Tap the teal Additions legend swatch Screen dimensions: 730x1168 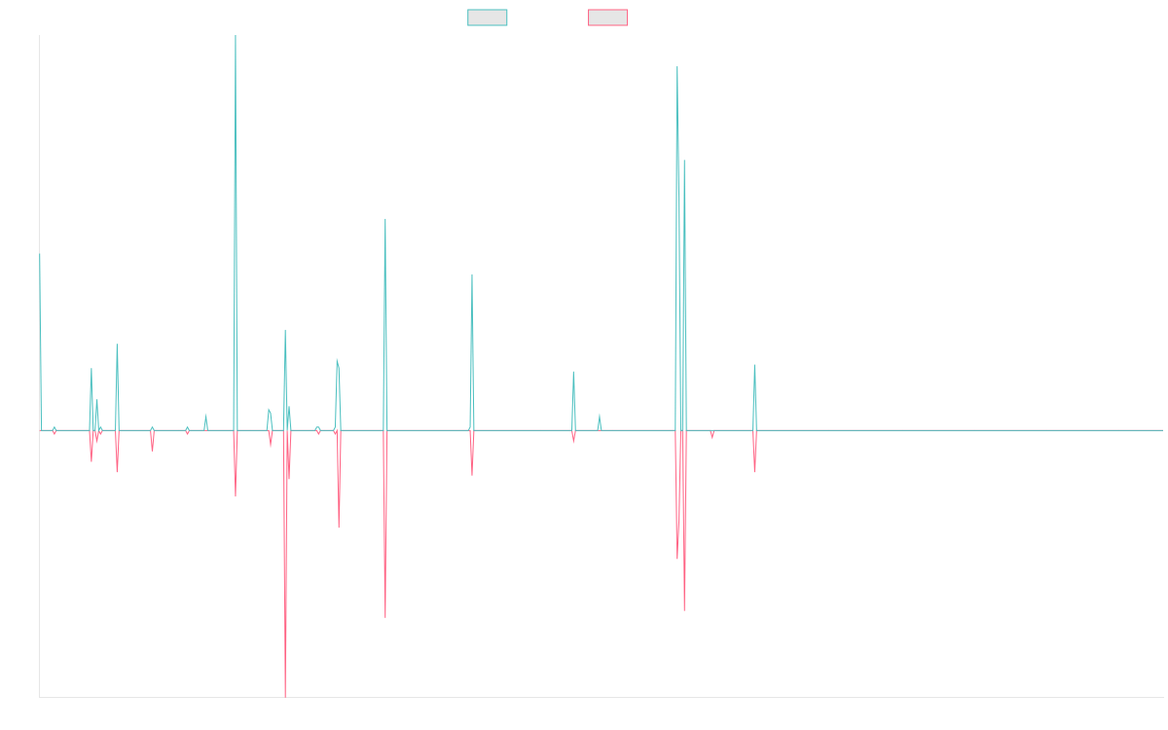(x=488, y=18)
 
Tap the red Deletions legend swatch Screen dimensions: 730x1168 (x=608, y=18)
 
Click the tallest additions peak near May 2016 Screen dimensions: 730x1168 (x=236, y=37)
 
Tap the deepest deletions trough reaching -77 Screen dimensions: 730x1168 (x=285, y=696)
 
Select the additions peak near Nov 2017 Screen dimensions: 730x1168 (x=385, y=219)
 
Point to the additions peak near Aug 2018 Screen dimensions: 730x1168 (x=472, y=274)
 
